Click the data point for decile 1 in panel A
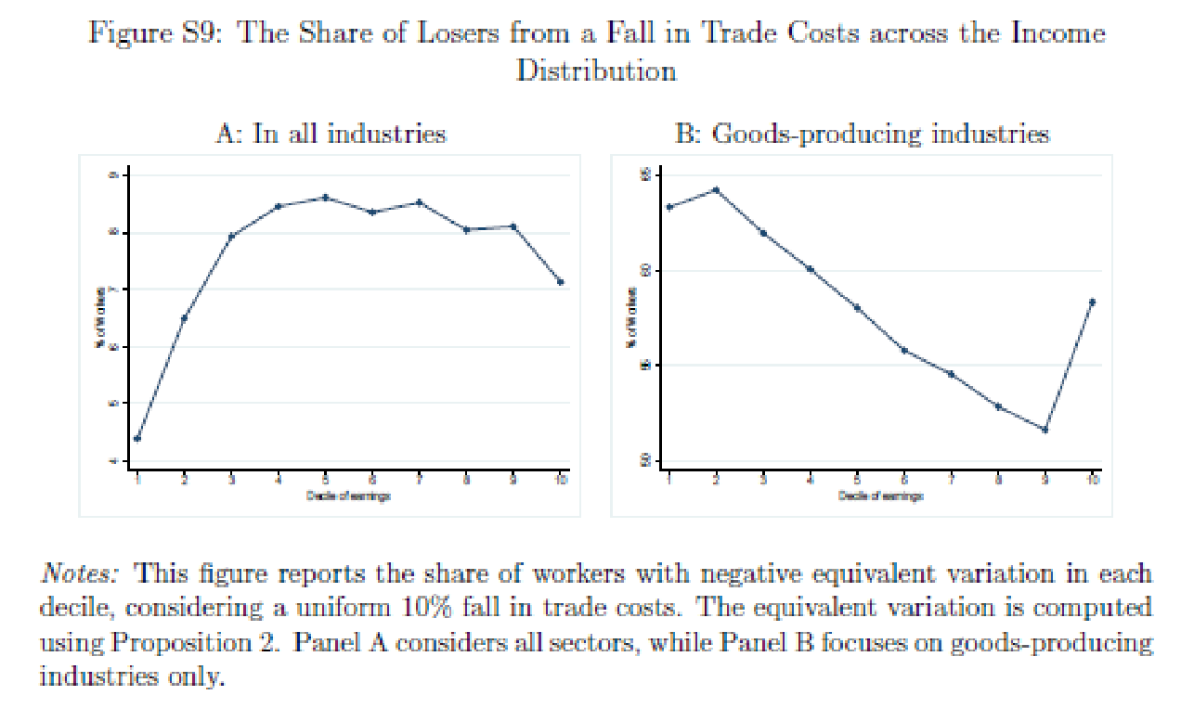(x=137, y=439)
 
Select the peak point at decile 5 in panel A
(x=325, y=198)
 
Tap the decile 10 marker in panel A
(x=560, y=281)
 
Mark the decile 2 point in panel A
(x=184, y=318)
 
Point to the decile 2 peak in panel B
(x=716, y=190)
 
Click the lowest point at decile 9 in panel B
(x=1045, y=430)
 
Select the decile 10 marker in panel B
(x=1092, y=302)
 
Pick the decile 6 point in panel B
(x=903, y=350)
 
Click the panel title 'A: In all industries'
(x=331, y=134)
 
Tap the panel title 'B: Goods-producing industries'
(x=863, y=134)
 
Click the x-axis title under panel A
(x=348, y=496)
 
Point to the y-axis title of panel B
(x=632, y=318)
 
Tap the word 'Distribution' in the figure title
(x=596, y=71)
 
